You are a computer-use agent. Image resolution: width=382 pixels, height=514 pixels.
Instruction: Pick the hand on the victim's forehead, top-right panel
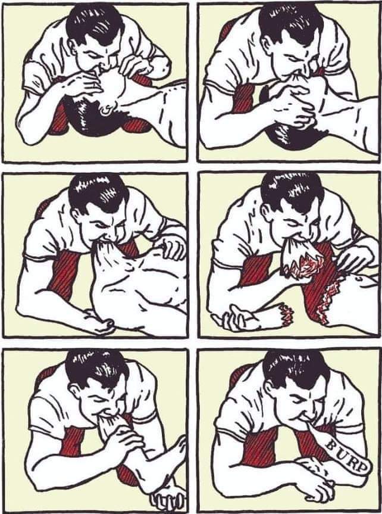[289, 105]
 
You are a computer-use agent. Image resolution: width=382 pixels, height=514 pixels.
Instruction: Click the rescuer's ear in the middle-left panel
[76, 216]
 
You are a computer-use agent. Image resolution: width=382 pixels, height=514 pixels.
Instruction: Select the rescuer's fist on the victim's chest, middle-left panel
[171, 247]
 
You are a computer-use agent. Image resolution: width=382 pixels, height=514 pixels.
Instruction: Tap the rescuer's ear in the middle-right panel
[270, 214]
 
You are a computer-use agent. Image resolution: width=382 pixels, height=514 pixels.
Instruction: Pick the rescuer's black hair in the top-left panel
[95, 24]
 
